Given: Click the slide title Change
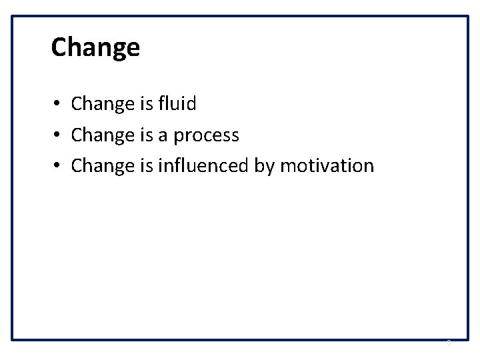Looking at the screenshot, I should click(95, 48).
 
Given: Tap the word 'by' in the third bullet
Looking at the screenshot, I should click(264, 167).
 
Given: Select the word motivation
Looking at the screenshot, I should click(327, 165).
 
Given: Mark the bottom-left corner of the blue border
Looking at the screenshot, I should click(13, 339).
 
